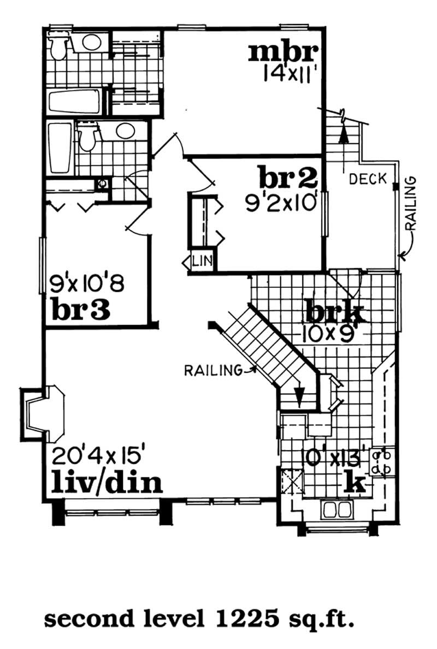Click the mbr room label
click(x=284, y=52)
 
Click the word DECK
click(x=368, y=178)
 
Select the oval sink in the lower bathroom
click(x=125, y=132)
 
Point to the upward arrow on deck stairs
click(x=343, y=132)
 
